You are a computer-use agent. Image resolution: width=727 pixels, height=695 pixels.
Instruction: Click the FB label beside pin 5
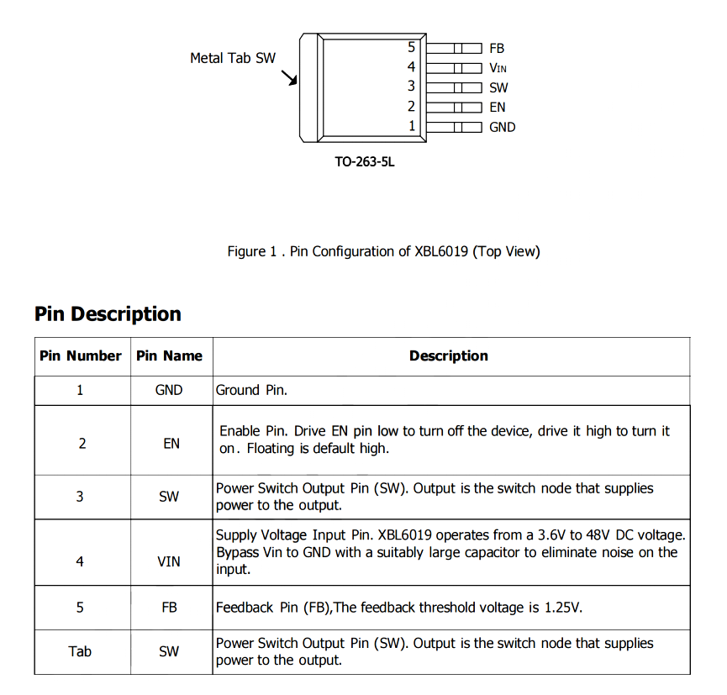click(497, 49)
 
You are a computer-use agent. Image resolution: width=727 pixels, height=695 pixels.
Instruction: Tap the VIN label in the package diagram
click(498, 68)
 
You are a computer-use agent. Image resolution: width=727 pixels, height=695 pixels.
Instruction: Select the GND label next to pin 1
click(503, 127)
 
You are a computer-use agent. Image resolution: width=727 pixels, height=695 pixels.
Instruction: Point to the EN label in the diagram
click(498, 107)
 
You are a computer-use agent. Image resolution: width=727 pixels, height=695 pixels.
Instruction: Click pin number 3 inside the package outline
click(412, 86)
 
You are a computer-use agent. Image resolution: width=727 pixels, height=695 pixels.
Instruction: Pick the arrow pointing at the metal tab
click(290, 77)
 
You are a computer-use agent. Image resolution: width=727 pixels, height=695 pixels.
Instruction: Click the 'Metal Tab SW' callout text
click(233, 58)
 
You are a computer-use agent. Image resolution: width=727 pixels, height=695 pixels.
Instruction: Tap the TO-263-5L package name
click(364, 161)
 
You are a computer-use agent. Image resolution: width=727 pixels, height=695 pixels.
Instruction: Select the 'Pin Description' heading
click(108, 314)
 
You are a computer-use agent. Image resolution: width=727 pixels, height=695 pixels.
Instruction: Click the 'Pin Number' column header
click(81, 355)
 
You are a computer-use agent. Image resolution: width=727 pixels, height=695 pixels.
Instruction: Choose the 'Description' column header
click(449, 355)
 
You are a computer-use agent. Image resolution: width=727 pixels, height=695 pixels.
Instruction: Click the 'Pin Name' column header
click(170, 355)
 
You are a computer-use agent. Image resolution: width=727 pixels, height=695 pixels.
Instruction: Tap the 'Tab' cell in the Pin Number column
click(80, 651)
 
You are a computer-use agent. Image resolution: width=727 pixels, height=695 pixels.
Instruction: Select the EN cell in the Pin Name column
click(171, 443)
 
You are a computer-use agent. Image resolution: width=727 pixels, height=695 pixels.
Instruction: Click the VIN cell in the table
click(169, 561)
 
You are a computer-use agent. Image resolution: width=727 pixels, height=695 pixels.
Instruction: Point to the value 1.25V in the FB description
click(563, 607)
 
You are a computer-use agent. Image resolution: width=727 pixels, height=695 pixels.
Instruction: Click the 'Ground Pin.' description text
click(252, 390)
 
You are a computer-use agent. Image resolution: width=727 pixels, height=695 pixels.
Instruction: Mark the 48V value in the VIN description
click(598, 534)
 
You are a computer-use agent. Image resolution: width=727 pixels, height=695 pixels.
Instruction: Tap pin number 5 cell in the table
click(80, 607)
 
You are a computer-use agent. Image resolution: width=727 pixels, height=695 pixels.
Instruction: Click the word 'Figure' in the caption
click(246, 251)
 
